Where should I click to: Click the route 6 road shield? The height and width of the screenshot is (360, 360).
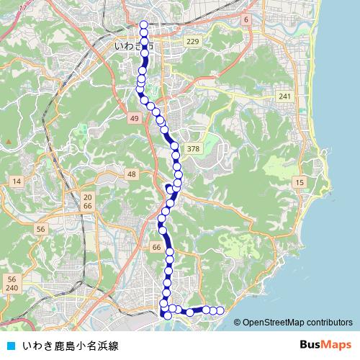coord(246,19)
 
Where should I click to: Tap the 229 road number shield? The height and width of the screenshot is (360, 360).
coord(192,42)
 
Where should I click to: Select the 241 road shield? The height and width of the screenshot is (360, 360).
coord(285,96)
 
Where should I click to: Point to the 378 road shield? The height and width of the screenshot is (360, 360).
coord(192,149)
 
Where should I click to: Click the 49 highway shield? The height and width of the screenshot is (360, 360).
coord(135,117)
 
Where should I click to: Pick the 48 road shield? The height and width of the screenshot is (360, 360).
coord(131,174)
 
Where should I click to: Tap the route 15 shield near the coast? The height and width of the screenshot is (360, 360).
coord(299,184)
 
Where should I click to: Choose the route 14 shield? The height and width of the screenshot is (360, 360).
coord(16,181)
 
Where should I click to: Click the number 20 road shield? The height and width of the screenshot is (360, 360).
coord(88,197)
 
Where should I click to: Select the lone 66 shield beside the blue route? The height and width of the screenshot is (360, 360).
coord(156,247)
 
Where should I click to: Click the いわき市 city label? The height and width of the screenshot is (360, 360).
coord(134,45)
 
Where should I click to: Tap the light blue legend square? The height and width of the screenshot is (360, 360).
coord(10,346)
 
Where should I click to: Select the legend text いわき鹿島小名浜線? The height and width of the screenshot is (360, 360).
coord(70,346)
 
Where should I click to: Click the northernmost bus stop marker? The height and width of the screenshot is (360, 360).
coord(144,25)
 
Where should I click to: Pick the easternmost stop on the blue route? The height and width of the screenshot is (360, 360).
coord(221,310)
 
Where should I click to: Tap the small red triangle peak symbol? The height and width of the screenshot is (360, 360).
coord(8,140)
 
